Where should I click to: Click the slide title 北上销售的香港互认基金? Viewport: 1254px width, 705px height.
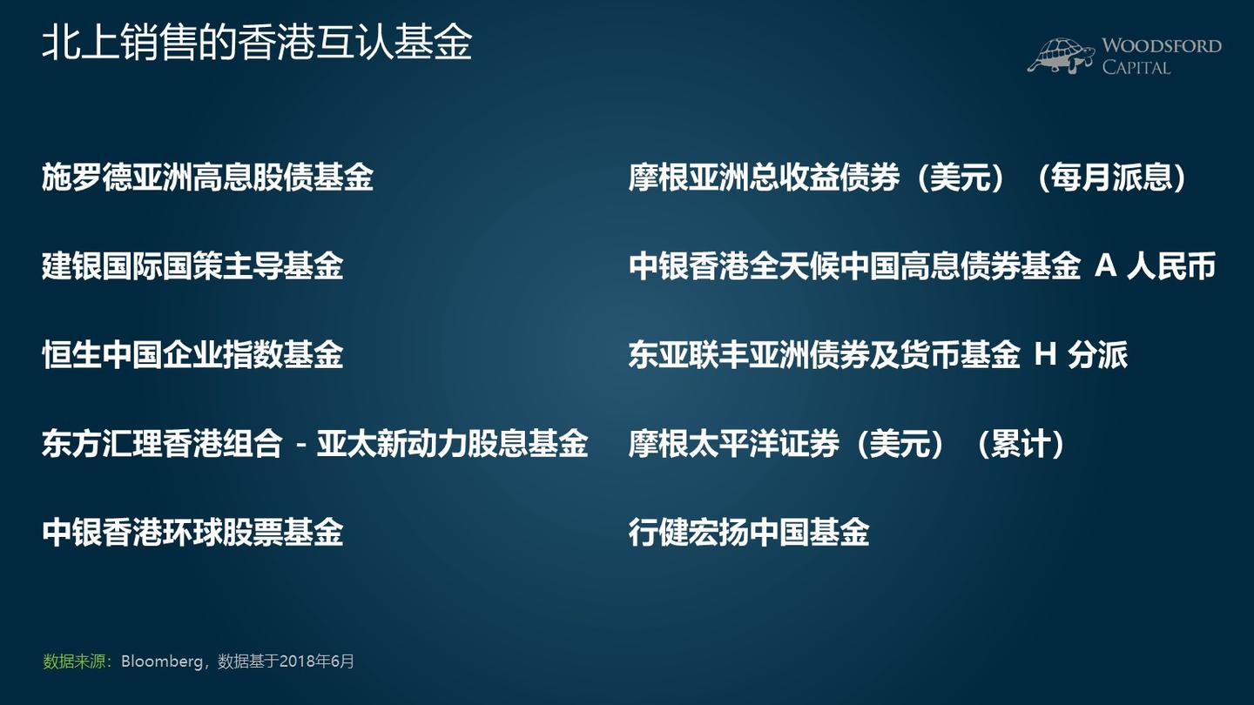pos(257,42)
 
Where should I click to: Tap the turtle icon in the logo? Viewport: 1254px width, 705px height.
pos(1060,55)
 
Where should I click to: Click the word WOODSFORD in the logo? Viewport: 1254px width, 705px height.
pos(1162,46)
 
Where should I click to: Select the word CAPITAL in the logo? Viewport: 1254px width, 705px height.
pos(1136,67)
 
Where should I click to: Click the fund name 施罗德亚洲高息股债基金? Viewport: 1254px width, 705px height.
pos(207,178)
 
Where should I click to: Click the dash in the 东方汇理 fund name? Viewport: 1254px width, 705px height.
pos(300,445)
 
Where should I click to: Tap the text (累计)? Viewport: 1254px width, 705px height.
pos(1020,445)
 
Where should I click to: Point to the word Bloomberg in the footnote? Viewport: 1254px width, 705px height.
pos(161,661)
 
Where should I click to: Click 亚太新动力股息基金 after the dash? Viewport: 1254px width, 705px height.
pos(452,445)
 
